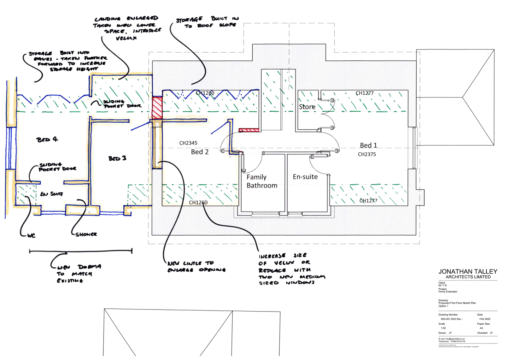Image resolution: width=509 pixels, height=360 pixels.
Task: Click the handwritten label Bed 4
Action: tap(47, 139)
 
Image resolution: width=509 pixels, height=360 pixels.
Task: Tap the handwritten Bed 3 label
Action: tap(117, 158)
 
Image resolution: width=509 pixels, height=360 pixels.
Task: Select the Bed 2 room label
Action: tap(200, 152)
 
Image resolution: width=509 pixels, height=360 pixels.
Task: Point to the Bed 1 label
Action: tap(368, 145)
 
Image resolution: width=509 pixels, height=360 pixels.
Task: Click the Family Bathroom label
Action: tap(262, 181)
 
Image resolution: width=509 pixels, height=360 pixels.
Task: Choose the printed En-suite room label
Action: tap(305, 177)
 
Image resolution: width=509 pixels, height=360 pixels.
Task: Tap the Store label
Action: tap(307, 107)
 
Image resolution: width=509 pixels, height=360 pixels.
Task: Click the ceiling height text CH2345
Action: tap(188, 143)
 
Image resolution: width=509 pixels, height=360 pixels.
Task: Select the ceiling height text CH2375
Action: tap(367, 154)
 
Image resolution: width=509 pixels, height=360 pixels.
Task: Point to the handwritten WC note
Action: tap(31, 235)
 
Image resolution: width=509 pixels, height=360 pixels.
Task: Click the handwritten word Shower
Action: tap(86, 234)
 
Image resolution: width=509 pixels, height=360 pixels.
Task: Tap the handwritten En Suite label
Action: tap(52, 194)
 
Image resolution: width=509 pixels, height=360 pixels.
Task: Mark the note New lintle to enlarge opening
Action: tap(197, 266)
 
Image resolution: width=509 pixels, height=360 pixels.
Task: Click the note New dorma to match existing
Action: tap(78, 273)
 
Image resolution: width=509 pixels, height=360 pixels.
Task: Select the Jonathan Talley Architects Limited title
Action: tap(468, 274)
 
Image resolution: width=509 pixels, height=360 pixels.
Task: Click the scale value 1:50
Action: tap(443, 328)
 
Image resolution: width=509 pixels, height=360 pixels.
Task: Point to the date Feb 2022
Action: tap(485, 319)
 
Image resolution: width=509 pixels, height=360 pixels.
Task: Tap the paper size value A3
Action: tap(481, 328)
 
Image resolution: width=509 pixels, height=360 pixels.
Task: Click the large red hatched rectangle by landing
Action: tap(157, 107)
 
